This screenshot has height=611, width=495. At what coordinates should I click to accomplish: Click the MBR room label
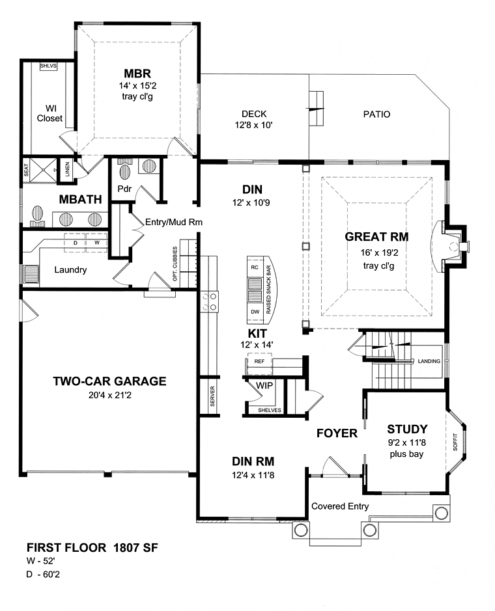[x=137, y=74]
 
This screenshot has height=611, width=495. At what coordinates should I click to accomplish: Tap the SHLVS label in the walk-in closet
[x=48, y=66]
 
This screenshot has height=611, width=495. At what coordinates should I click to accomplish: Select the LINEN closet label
[x=67, y=170]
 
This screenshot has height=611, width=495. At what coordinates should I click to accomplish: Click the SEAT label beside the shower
[x=26, y=170]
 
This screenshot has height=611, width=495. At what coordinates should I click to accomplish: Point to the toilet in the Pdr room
[x=125, y=169]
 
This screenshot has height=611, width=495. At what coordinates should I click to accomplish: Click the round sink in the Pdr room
[x=149, y=167]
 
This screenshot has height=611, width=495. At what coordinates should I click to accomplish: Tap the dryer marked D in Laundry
[x=76, y=243]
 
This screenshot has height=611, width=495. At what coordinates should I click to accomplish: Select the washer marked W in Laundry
[x=97, y=243]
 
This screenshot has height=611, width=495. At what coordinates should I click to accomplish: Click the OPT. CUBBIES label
[x=175, y=264]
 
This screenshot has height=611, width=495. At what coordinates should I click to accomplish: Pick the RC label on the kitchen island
[x=255, y=267]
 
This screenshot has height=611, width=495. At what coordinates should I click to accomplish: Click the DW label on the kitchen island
[x=255, y=312]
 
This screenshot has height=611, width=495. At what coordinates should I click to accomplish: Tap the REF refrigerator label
[x=259, y=361]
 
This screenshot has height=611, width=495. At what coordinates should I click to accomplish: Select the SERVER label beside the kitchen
[x=212, y=396]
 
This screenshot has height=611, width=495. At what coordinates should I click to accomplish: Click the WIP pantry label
[x=264, y=386]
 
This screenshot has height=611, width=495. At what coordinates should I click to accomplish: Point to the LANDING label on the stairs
[x=429, y=361]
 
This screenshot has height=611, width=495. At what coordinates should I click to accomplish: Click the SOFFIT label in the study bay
[x=455, y=442]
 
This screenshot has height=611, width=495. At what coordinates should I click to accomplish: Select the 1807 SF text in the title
[x=135, y=548]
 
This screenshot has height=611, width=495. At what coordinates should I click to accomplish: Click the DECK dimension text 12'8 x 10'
[x=253, y=125]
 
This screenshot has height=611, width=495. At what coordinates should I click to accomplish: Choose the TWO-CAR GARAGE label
[x=109, y=381]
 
